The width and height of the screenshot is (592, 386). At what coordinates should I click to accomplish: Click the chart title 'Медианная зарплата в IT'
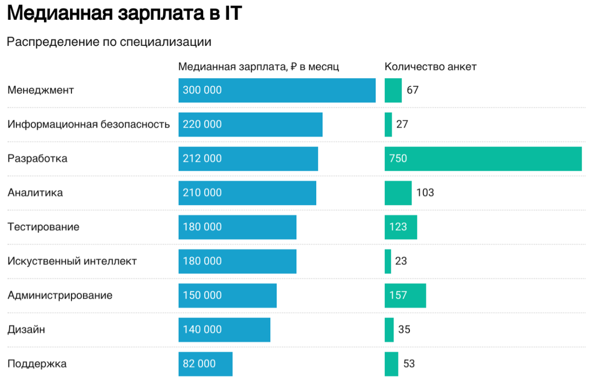(x=125, y=13)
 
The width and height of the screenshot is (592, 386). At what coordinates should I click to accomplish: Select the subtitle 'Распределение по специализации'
(x=109, y=42)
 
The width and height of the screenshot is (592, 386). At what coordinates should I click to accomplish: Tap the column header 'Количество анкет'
(x=430, y=67)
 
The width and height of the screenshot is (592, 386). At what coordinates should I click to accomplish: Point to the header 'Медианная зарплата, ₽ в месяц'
(x=259, y=67)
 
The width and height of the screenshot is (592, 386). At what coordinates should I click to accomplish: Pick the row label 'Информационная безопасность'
(x=89, y=125)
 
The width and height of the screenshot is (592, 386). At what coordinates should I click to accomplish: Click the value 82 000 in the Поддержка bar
(x=199, y=364)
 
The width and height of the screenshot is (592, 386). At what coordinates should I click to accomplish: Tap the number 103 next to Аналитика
(x=425, y=193)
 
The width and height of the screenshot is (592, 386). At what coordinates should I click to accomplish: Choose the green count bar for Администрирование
(x=405, y=295)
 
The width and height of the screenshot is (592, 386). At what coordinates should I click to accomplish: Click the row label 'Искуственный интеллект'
(x=72, y=261)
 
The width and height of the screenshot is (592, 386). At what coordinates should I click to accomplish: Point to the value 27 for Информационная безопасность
(x=402, y=125)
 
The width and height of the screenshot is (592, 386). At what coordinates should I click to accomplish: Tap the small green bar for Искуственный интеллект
(x=388, y=261)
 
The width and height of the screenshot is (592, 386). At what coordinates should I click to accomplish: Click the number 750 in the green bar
(x=398, y=159)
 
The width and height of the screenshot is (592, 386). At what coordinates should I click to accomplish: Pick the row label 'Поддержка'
(x=37, y=364)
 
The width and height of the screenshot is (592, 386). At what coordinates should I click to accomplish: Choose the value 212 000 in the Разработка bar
(x=202, y=159)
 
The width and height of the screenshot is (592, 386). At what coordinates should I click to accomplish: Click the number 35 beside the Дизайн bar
(x=404, y=330)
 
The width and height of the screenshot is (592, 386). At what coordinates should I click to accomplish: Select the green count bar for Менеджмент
(x=393, y=90)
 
